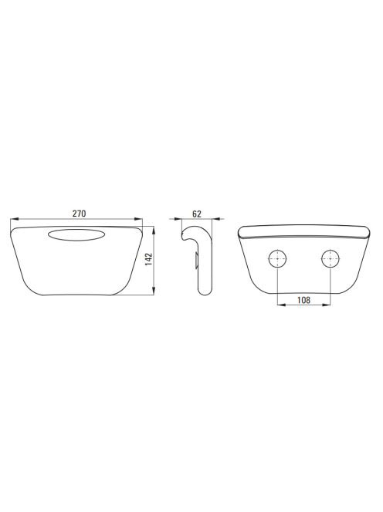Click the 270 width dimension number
coord(80,214)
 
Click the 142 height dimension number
coord(149,259)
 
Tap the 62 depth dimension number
coord(197,214)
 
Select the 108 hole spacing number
coord(303,300)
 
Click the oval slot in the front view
coord(76,235)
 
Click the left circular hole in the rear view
coord(277,260)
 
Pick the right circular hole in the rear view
coord(330,260)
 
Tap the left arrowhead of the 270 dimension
coord(15,219)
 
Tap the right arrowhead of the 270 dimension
coord(139,219)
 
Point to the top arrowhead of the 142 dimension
coord(154,231)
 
